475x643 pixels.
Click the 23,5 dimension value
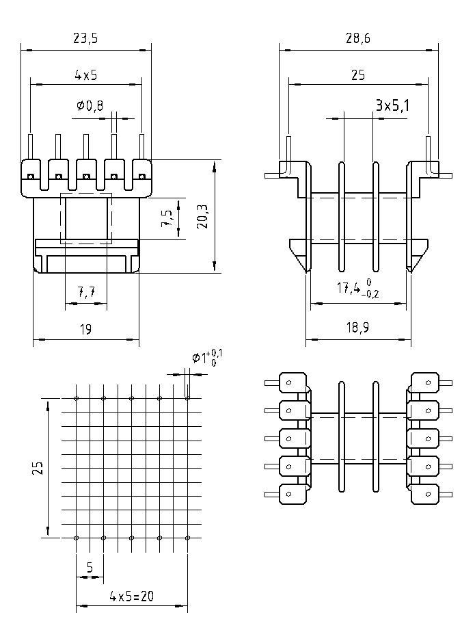click(86, 39)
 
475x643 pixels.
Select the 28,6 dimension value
click(357, 39)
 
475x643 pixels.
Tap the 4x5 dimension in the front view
click(86, 75)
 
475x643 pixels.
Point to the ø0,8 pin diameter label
click(90, 106)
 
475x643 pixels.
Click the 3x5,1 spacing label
click(392, 105)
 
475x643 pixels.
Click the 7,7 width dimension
click(86, 293)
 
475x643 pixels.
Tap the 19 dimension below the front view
click(85, 329)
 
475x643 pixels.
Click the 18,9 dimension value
click(357, 328)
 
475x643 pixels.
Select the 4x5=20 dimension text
click(131, 596)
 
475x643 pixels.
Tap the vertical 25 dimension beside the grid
click(38, 468)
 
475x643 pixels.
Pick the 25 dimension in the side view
click(357, 75)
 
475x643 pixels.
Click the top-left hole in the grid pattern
click(76, 398)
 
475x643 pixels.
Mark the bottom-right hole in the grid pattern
click(187, 538)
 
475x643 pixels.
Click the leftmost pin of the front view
click(31, 147)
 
